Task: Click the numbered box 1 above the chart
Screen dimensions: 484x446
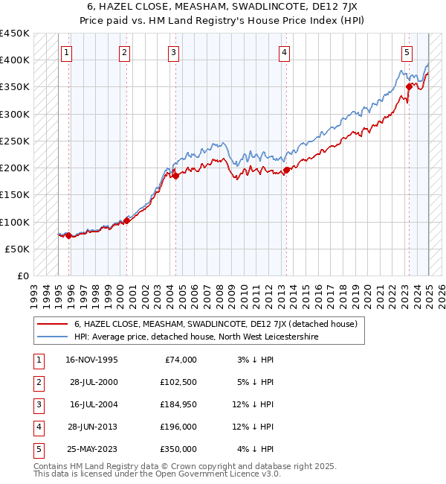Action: click(x=68, y=52)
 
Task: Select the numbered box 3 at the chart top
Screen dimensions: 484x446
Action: click(x=173, y=52)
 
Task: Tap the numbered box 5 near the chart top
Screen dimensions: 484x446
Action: click(x=407, y=52)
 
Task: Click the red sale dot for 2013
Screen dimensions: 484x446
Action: click(x=286, y=171)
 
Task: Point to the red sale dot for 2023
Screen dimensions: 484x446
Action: click(x=409, y=87)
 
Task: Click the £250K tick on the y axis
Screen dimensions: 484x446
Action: click(x=15, y=141)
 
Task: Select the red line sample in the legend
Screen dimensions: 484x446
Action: click(x=52, y=324)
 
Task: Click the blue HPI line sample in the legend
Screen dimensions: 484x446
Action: click(x=52, y=337)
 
